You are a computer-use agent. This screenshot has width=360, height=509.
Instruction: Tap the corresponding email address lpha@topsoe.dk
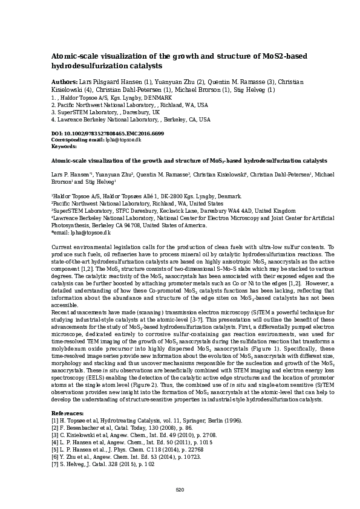point(123,139)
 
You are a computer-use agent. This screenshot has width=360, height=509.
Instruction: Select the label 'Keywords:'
point(64,146)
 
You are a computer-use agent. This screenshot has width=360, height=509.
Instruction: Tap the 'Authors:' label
point(65,82)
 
